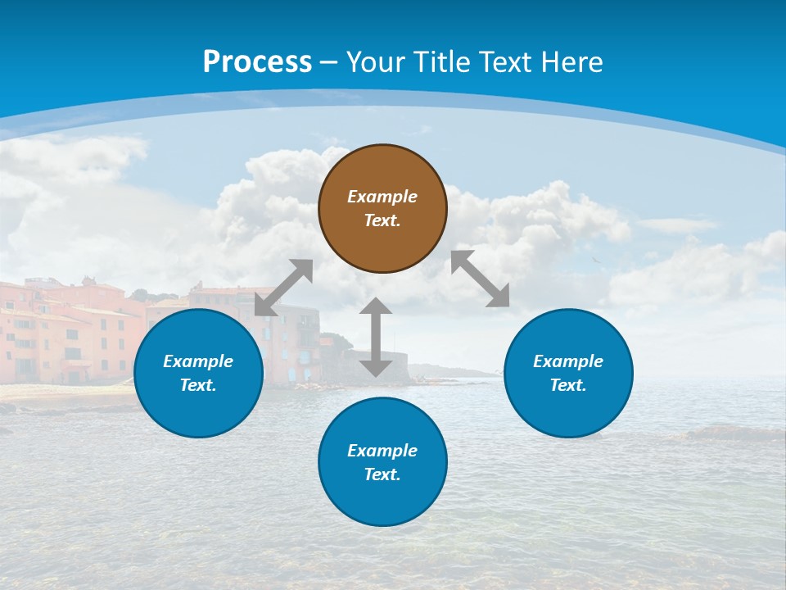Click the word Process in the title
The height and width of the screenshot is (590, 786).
[257, 61]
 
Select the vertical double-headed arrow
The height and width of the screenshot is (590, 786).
[376, 337]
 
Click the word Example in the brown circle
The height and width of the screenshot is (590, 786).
[382, 197]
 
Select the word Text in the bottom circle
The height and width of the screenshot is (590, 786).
[382, 474]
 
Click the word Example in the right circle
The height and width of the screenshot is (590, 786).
[568, 361]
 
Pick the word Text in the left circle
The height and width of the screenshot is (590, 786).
[198, 385]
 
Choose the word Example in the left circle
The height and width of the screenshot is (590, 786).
[198, 361]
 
